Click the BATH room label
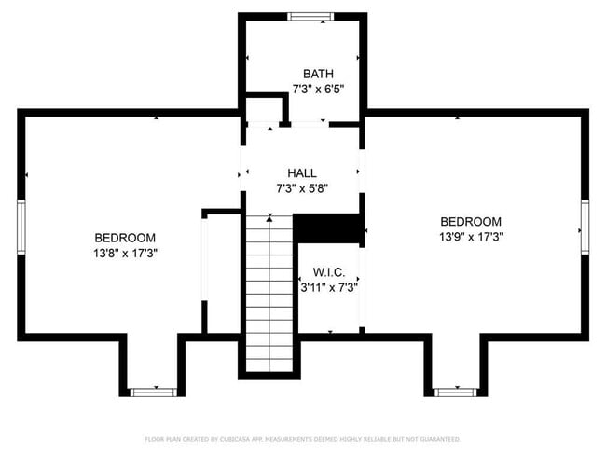click(x=318, y=74)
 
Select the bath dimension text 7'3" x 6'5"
click(x=318, y=90)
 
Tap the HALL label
click(x=302, y=172)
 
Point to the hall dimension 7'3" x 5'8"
click(x=302, y=188)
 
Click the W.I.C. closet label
click(x=329, y=272)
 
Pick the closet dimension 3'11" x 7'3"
click(x=329, y=288)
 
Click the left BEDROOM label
click(x=125, y=238)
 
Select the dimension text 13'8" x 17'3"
click(x=125, y=254)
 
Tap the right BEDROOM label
click(x=471, y=221)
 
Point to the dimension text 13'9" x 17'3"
click(x=471, y=237)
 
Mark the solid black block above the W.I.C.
click(x=327, y=229)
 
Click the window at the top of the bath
click(x=304, y=16)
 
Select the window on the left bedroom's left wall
click(x=21, y=225)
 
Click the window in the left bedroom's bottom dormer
click(x=152, y=393)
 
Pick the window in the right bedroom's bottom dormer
click(x=456, y=393)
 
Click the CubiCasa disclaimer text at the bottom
click(x=302, y=439)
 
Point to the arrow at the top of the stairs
click(x=269, y=217)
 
